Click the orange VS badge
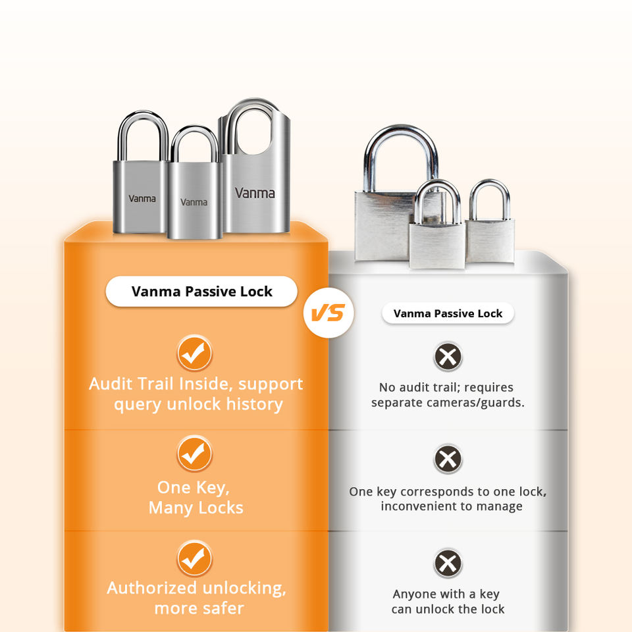pyautogui.click(x=328, y=313)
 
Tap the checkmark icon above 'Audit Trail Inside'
pyautogui.click(x=194, y=353)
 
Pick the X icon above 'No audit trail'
pyautogui.click(x=448, y=357)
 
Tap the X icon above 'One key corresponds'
pyautogui.click(x=448, y=459)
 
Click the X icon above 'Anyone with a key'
pyautogui.click(x=448, y=563)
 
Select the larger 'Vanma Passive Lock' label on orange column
pyautogui.click(x=201, y=292)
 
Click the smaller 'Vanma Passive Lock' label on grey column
pyautogui.click(x=448, y=313)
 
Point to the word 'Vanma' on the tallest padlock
pyautogui.click(x=255, y=194)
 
